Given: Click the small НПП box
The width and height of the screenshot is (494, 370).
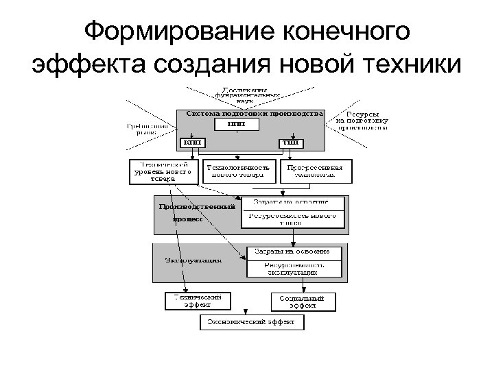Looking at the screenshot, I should click(236, 124).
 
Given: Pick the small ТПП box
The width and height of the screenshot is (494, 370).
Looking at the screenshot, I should click(290, 143).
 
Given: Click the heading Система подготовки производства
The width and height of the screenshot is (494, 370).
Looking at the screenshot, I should click(250, 113).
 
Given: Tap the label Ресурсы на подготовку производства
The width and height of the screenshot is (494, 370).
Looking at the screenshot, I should click(362, 120).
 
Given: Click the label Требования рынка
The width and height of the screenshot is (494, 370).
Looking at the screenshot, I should click(146, 129).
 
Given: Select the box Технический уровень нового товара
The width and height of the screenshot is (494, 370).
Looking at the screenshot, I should click(164, 171).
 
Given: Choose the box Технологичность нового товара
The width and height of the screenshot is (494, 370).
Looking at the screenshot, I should click(238, 170).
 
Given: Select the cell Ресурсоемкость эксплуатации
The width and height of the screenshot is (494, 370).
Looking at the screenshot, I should click(294, 268).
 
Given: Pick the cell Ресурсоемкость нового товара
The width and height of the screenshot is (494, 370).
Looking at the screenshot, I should click(291, 219).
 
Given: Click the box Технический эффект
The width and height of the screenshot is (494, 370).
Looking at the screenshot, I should click(197, 301).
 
